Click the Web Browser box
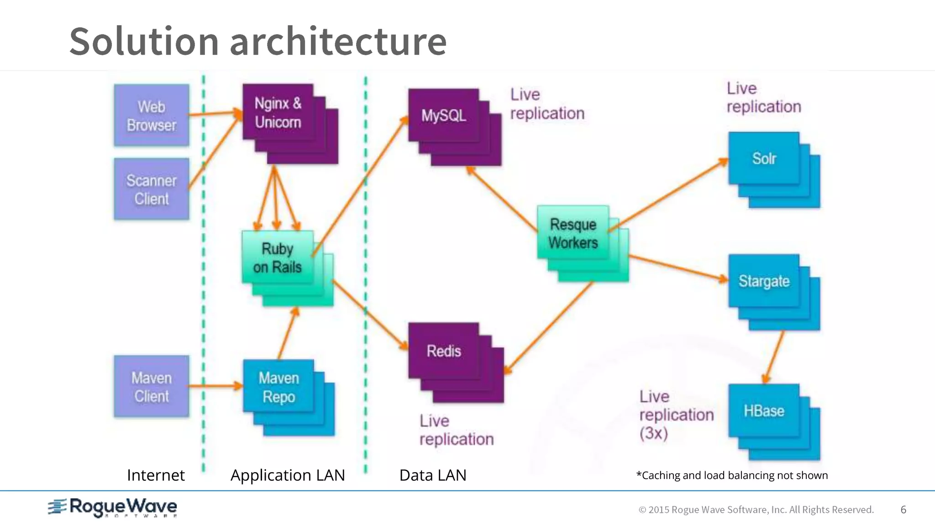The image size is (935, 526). (151, 115)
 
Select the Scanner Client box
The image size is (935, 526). (151, 189)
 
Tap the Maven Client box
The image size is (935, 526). (151, 386)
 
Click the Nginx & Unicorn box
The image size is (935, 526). (278, 112)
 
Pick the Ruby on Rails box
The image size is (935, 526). (278, 258)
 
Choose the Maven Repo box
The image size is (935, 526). (278, 387)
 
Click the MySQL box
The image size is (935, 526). (443, 116)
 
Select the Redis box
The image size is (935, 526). (443, 351)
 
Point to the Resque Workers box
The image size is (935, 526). (573, 233)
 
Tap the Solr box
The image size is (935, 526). (764, 158)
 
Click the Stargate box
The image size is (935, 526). (764, 281)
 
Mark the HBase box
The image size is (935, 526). (764, 410)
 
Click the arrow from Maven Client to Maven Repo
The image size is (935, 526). (215, 386)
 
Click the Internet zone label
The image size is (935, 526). (156, 475)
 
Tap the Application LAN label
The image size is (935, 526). (288, 475)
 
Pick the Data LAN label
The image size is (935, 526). (433, 475)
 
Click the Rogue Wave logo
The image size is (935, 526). (113, 507)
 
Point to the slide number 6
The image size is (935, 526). (903, 510)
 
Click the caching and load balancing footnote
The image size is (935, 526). (732, 475)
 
